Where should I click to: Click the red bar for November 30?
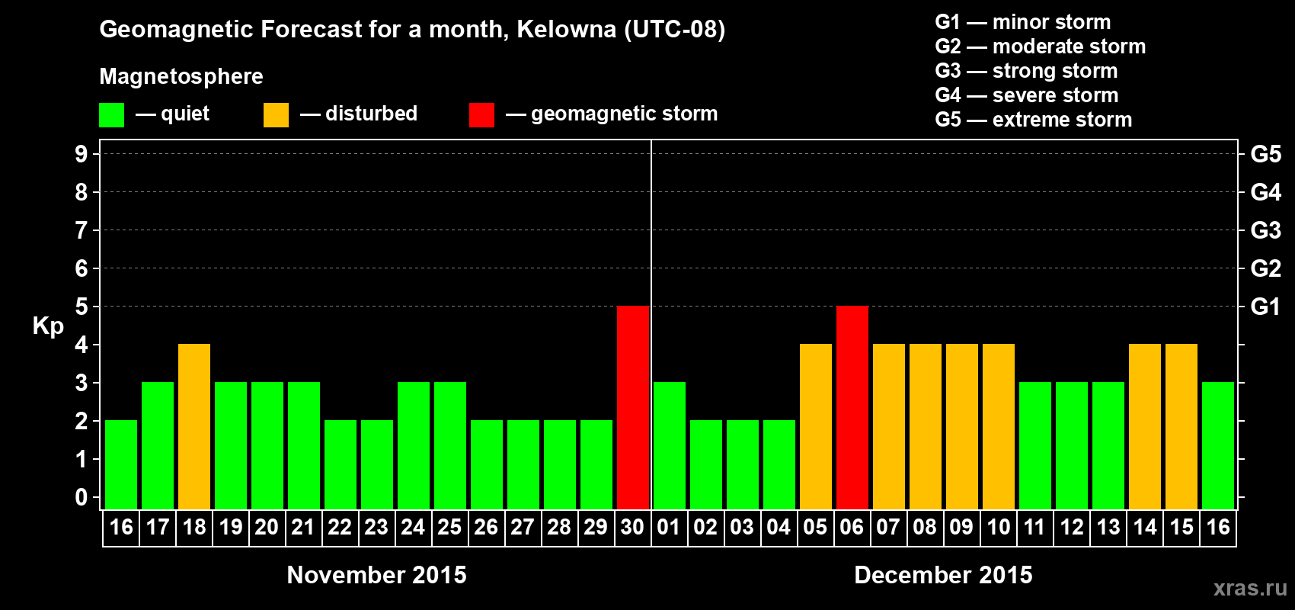[633, 407]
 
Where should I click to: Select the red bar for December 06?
[852, 407]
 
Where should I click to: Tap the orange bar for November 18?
[194, 426]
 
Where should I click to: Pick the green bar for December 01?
[670, 445]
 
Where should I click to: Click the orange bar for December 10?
[999, 426]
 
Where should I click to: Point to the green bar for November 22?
[341, 464]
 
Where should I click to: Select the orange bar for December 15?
[1181, 426]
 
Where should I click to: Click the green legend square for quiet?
[112, 115]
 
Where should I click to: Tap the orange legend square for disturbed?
[276, 115]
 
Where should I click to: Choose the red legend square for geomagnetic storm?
[481, 115]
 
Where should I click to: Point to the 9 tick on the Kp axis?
[82, 154]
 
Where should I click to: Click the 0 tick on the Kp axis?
[82, 498]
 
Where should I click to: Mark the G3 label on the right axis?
[1265, 230]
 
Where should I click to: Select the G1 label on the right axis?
[1265, 307]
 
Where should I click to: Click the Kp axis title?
[48, 326]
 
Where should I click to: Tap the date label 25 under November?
[449, 527]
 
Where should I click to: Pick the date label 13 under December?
[1108, 527]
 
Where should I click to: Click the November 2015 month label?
[376, 575]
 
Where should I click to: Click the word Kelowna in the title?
[566, 30]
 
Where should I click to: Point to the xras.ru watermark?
[1250, 588]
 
